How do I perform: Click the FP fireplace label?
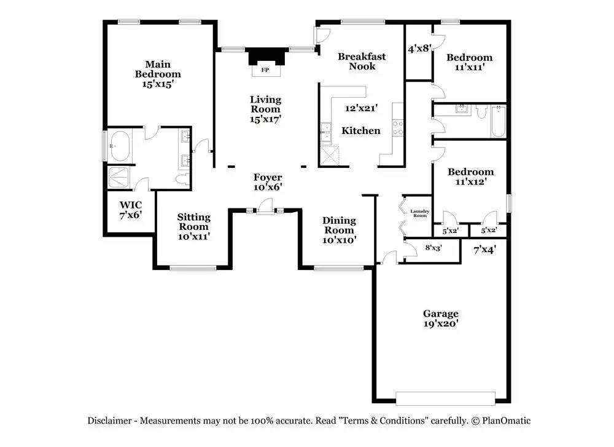pyautogui.click(x=265, y=70)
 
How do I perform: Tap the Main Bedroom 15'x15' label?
pyautogui.click(x=158, y=74)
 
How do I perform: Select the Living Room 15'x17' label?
pyautogui.click(x=265, y=109)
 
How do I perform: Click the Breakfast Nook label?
pyautogui.click(x=362, y=61)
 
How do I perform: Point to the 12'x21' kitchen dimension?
pyautogui.click(x=361, y=108)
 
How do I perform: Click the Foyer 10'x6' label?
pyautogui.click(x=268, y=183)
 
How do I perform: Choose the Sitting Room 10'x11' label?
pyautogui.click(x=193, y=226)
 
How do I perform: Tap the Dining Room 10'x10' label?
pyautogui.click(x=339, y=230)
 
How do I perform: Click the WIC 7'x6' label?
pyautogui.click(x=130, y=209)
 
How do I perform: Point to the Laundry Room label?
pyautogui.click(x=419, y=213)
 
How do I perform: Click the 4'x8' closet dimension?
pyautogui.click(x=420, y=47)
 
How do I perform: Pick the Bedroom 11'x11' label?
pyautogui.click(x=469, y=62)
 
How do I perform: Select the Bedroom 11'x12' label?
pyautogui.click(x=470, y=176)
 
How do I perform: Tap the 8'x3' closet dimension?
pyautogui.click(x=433, y=248)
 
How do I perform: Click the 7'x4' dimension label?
pyautogui.click(x=484, y=250)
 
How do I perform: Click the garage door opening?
pyautogui.click(x=445, y=398)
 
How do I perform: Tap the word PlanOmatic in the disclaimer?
pyautogui.click(x=507, y=421)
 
